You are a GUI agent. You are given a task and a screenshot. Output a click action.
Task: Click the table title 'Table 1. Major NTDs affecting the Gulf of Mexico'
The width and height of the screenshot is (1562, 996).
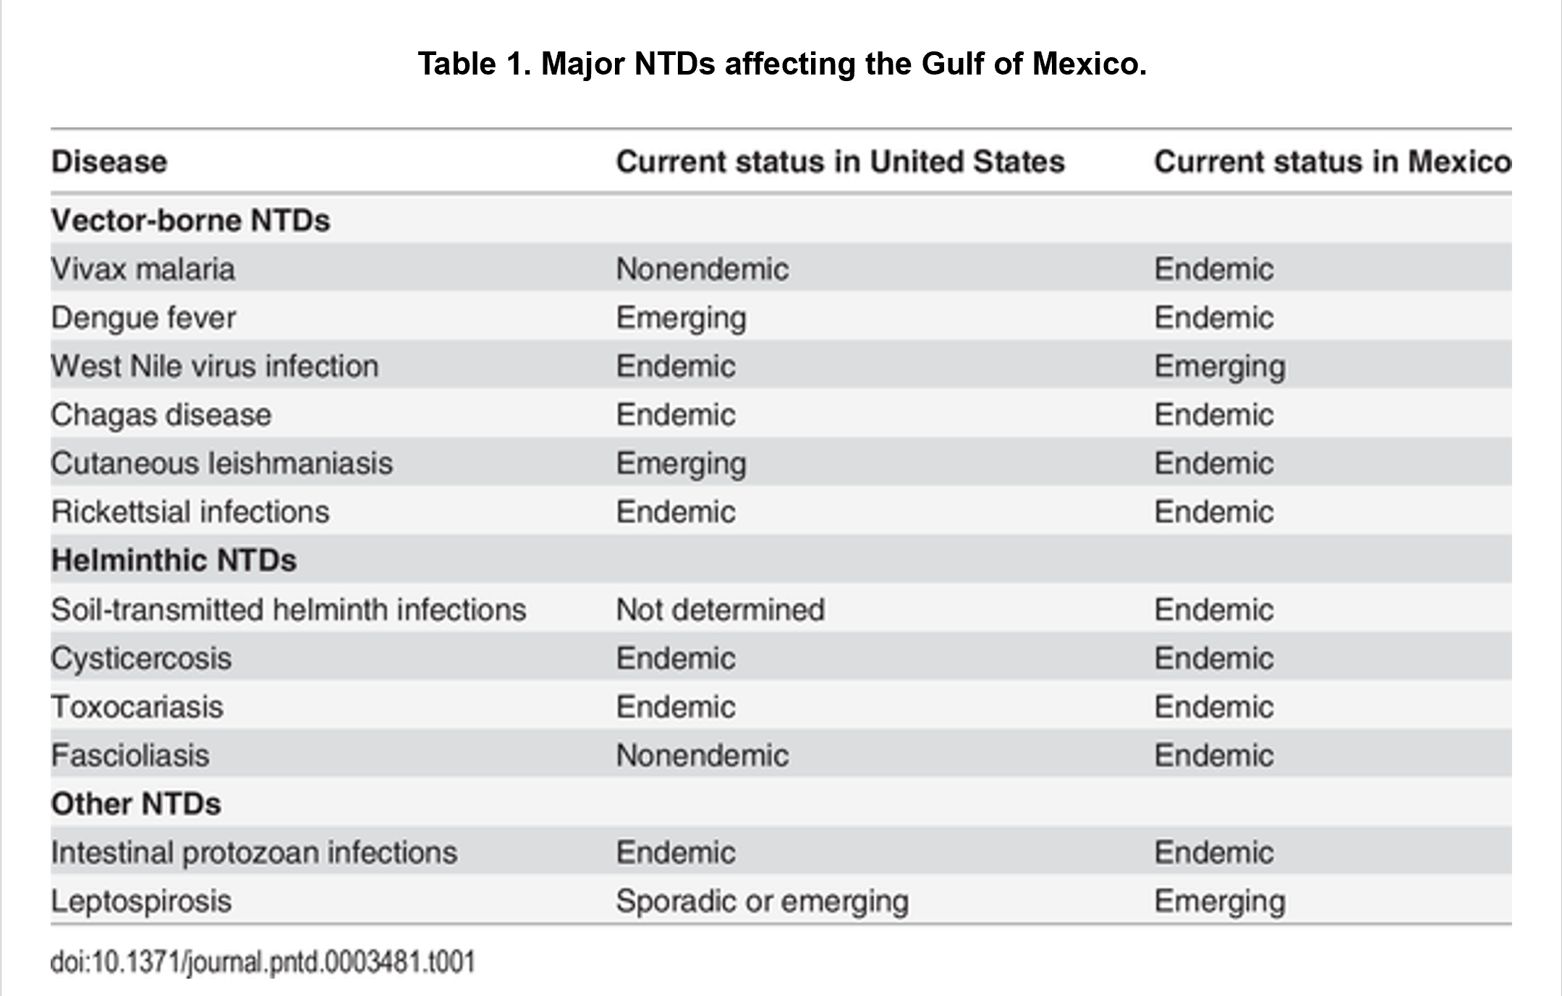point(782,64)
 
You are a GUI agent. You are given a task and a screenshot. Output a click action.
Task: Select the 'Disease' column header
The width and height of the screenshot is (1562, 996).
point(109,161)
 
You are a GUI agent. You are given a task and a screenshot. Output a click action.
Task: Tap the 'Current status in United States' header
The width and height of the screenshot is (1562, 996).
point(841,161)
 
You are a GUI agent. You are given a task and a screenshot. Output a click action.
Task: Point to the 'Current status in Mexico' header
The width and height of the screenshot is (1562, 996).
point(1333,161)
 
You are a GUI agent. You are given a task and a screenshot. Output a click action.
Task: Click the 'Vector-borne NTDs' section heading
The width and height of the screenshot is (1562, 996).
point(190,220)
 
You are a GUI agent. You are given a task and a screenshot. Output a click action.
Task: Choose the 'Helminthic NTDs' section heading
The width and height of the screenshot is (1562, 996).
point(174,560)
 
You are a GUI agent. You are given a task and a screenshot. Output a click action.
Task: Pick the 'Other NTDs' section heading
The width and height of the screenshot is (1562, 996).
point(136,803)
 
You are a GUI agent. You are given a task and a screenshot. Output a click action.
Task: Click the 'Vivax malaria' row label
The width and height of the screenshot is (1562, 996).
point(143,269)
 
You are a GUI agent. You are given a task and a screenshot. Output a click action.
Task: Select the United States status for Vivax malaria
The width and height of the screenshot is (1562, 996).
point(703,269)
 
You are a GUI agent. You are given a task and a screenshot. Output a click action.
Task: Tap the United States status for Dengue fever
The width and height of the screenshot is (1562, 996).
point(682,319)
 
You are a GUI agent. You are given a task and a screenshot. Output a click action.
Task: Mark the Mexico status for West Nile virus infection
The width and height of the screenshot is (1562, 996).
point(1220,368)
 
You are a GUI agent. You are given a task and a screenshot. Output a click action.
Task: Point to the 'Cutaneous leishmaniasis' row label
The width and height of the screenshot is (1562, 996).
point(222,463)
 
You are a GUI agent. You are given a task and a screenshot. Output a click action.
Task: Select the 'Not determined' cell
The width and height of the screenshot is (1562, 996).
point(721,609)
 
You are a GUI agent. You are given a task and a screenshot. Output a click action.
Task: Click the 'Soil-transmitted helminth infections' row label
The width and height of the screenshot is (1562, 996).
point(289,609)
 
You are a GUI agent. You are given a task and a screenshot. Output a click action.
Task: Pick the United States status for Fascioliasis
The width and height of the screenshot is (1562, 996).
point(703,755)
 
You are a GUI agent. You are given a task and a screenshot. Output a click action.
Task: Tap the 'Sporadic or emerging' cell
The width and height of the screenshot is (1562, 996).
point(763,903)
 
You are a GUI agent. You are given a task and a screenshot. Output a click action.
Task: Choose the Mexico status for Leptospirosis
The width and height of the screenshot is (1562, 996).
point(1220,903)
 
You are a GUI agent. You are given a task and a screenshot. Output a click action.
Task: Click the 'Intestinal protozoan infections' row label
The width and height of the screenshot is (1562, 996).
point(254,853)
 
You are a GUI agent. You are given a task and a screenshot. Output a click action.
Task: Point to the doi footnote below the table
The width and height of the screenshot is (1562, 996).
point(263,963)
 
